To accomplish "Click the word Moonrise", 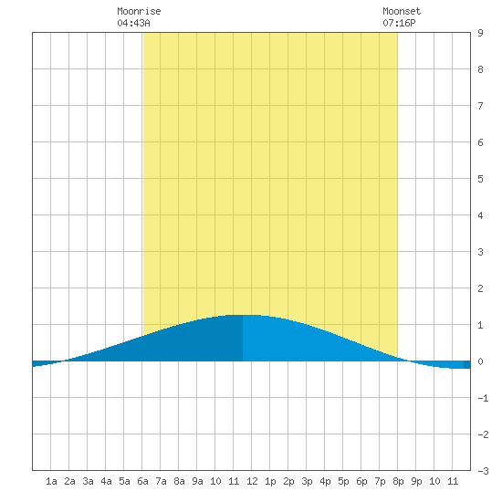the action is point(139,11).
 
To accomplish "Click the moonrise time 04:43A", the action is point(133,23).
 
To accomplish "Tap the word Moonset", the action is point(402,11).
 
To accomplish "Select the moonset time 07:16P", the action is point(399,23).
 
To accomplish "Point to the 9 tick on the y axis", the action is point(480,33).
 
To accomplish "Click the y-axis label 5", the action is point(480,179).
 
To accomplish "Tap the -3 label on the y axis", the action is point(483,471).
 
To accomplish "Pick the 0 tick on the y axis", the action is point(480,361).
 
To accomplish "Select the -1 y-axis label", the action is point(483,398).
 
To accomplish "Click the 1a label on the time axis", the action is point(51,481).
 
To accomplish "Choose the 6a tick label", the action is point(142,481).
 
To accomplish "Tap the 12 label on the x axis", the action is point(252,481).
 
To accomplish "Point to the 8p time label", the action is point(398,481).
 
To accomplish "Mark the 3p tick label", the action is point(307,481).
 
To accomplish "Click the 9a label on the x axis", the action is point(197,481).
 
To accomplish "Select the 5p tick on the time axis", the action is point(343,481).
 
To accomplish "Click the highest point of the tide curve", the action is point(243,315).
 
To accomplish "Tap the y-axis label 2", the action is point(480,288).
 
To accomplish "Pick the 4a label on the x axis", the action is point(106,481).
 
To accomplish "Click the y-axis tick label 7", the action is point(480,106).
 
